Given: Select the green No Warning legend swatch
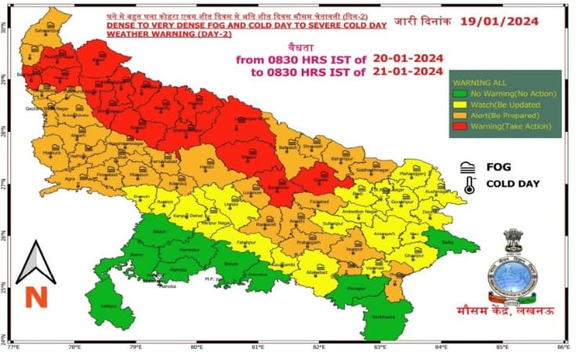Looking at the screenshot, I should tap(459, 93).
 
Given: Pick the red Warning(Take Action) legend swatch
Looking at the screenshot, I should tap(459, 126).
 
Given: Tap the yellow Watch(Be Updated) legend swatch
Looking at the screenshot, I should tap(459, 104).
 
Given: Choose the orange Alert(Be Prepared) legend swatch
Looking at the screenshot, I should tap(459, 115).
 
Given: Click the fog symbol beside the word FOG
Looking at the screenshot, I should tap(468, 167).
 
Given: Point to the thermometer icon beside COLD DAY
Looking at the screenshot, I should tap(468, 185).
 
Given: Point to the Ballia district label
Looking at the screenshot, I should tap(448, 243).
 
